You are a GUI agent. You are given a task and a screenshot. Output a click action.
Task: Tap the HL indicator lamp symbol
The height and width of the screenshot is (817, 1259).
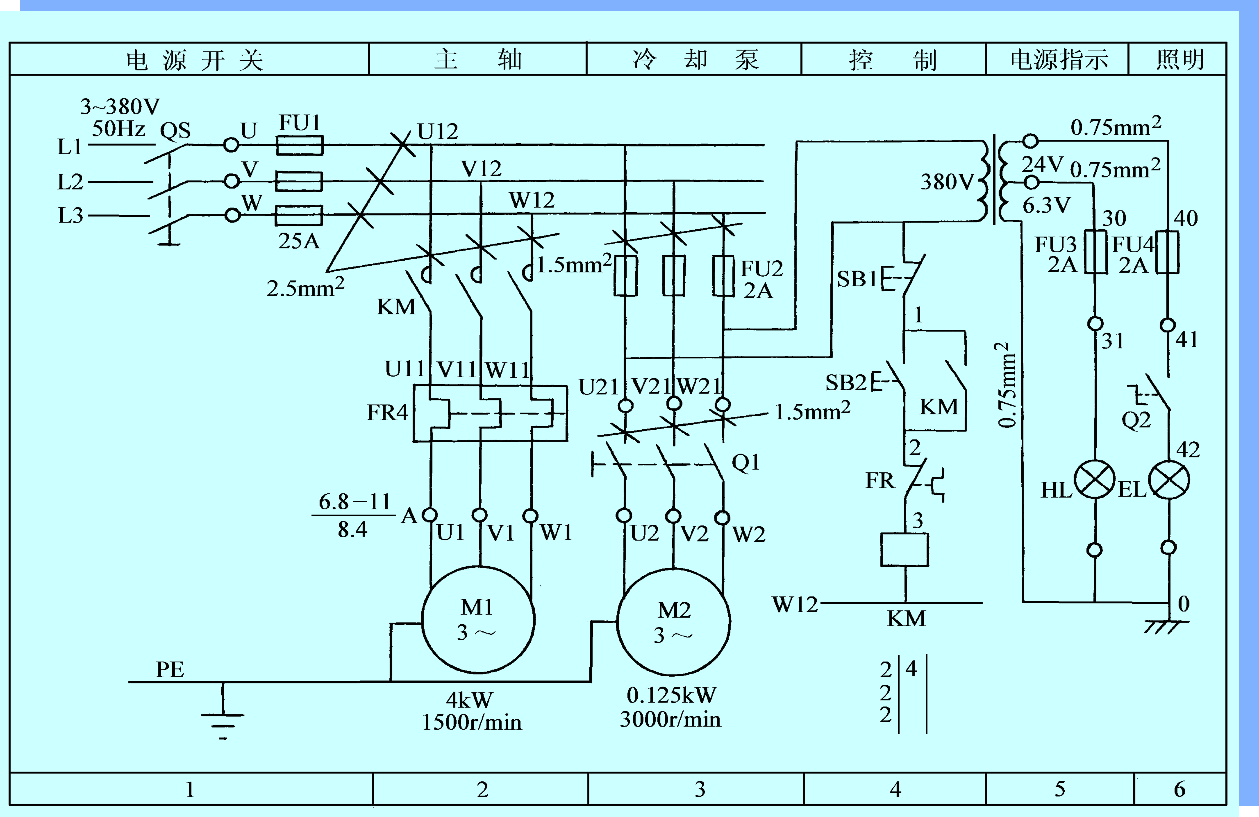[1095, 479]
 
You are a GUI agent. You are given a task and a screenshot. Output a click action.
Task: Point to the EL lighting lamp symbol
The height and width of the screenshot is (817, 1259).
[1169, 481]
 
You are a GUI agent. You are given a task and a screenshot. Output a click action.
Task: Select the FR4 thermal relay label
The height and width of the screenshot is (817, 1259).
[388, 412]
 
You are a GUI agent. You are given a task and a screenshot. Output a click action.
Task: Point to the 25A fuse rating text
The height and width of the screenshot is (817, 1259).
[299, 241]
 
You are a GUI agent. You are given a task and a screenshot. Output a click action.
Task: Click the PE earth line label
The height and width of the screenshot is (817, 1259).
[170, 669]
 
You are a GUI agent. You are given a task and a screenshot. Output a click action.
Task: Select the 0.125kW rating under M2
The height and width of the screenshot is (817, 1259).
[671, 695]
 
